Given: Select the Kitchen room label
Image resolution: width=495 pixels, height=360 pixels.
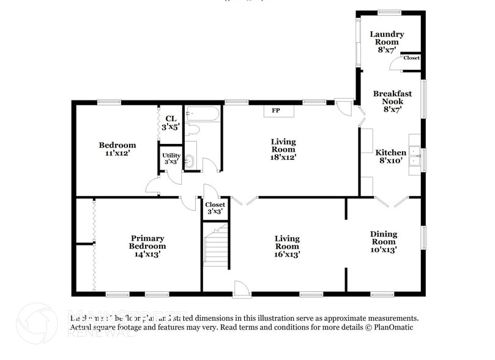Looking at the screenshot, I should pos(390,157).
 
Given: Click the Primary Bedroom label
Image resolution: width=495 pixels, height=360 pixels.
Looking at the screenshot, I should pos(147,246).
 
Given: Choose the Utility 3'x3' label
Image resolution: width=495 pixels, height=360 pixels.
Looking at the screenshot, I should pos(171,158).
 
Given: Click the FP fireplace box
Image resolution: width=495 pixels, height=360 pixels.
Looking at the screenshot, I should pos(277,111).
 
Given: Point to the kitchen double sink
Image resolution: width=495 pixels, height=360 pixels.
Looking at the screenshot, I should pos(414,156).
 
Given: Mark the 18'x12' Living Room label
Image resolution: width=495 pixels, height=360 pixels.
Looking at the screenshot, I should pos(283,149).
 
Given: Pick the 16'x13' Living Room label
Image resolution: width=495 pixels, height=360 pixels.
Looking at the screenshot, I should pos(287,246).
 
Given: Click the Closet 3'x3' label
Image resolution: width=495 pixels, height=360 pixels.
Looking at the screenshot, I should pos(215,208).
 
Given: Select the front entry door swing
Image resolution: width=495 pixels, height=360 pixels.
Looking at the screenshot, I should pos(240,288).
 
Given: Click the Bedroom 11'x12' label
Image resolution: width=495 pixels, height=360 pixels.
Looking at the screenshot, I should pos(117,149).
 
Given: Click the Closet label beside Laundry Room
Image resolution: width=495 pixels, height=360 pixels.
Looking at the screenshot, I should pos(411,58).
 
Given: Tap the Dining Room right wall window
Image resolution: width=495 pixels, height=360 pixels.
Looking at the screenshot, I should pos(423,238).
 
